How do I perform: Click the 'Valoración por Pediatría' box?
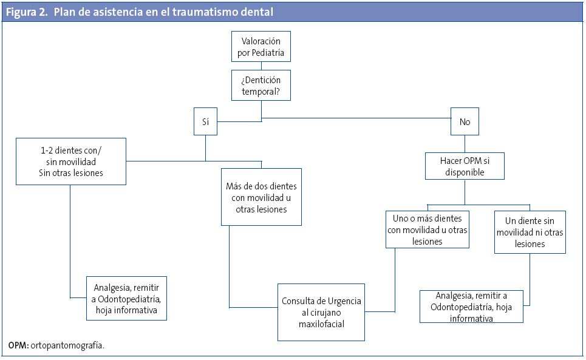(261, 47)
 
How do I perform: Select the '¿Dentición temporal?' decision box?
(261, 86)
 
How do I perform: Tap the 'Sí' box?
(205, 121)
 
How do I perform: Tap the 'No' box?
(465, 121)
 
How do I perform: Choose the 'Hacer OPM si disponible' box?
(465, 166)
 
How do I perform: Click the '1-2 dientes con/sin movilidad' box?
(71, 161)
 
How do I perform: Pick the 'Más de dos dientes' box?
(261, 197)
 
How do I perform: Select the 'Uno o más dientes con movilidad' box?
(428, 229)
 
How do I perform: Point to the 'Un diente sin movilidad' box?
(530, 231)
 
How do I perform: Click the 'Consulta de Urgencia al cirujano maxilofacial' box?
(321, 312)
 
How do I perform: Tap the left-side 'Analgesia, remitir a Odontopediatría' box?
(126, 298)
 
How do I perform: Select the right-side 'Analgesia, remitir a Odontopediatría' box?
(471, 307)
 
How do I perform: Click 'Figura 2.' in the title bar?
(27, 12)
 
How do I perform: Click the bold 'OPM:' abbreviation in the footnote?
(18, 345)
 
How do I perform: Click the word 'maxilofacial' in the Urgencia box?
(321, 324)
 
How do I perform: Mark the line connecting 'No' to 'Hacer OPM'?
(465, 143)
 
